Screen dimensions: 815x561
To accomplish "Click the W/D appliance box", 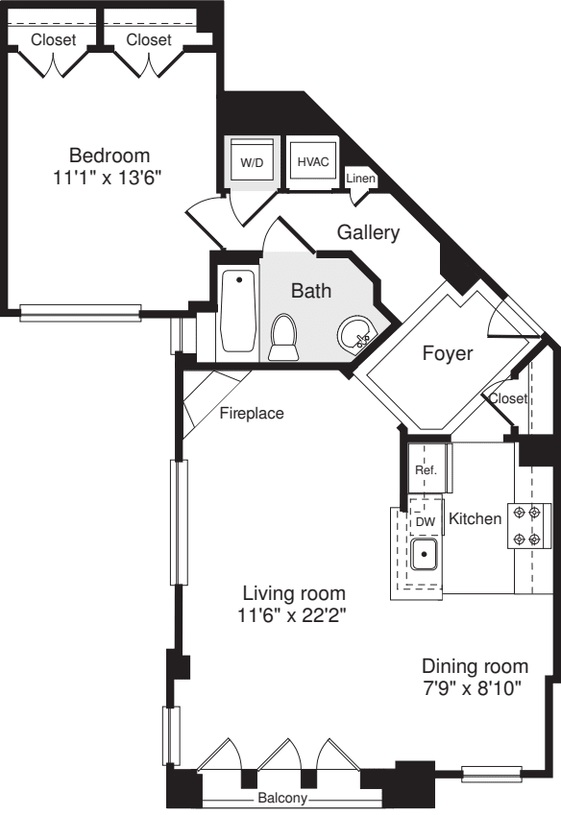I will point(252,162).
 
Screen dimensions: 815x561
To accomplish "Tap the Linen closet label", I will point(361,180).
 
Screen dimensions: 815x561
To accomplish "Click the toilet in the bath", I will point(284,338).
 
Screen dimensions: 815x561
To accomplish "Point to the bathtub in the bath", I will point(237,311).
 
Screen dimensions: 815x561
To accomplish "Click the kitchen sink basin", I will point(424,554).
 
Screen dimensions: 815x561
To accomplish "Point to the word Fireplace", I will point(252,415).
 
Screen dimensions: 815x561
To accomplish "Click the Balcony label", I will point(282,799).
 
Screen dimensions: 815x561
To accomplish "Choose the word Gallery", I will point(368,232).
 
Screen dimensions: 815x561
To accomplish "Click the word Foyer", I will point(448,353).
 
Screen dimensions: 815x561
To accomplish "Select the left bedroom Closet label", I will point(54,39).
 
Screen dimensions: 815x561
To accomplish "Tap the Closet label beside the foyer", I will point(508,397).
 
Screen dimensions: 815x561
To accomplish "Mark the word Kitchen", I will point(476,519).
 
